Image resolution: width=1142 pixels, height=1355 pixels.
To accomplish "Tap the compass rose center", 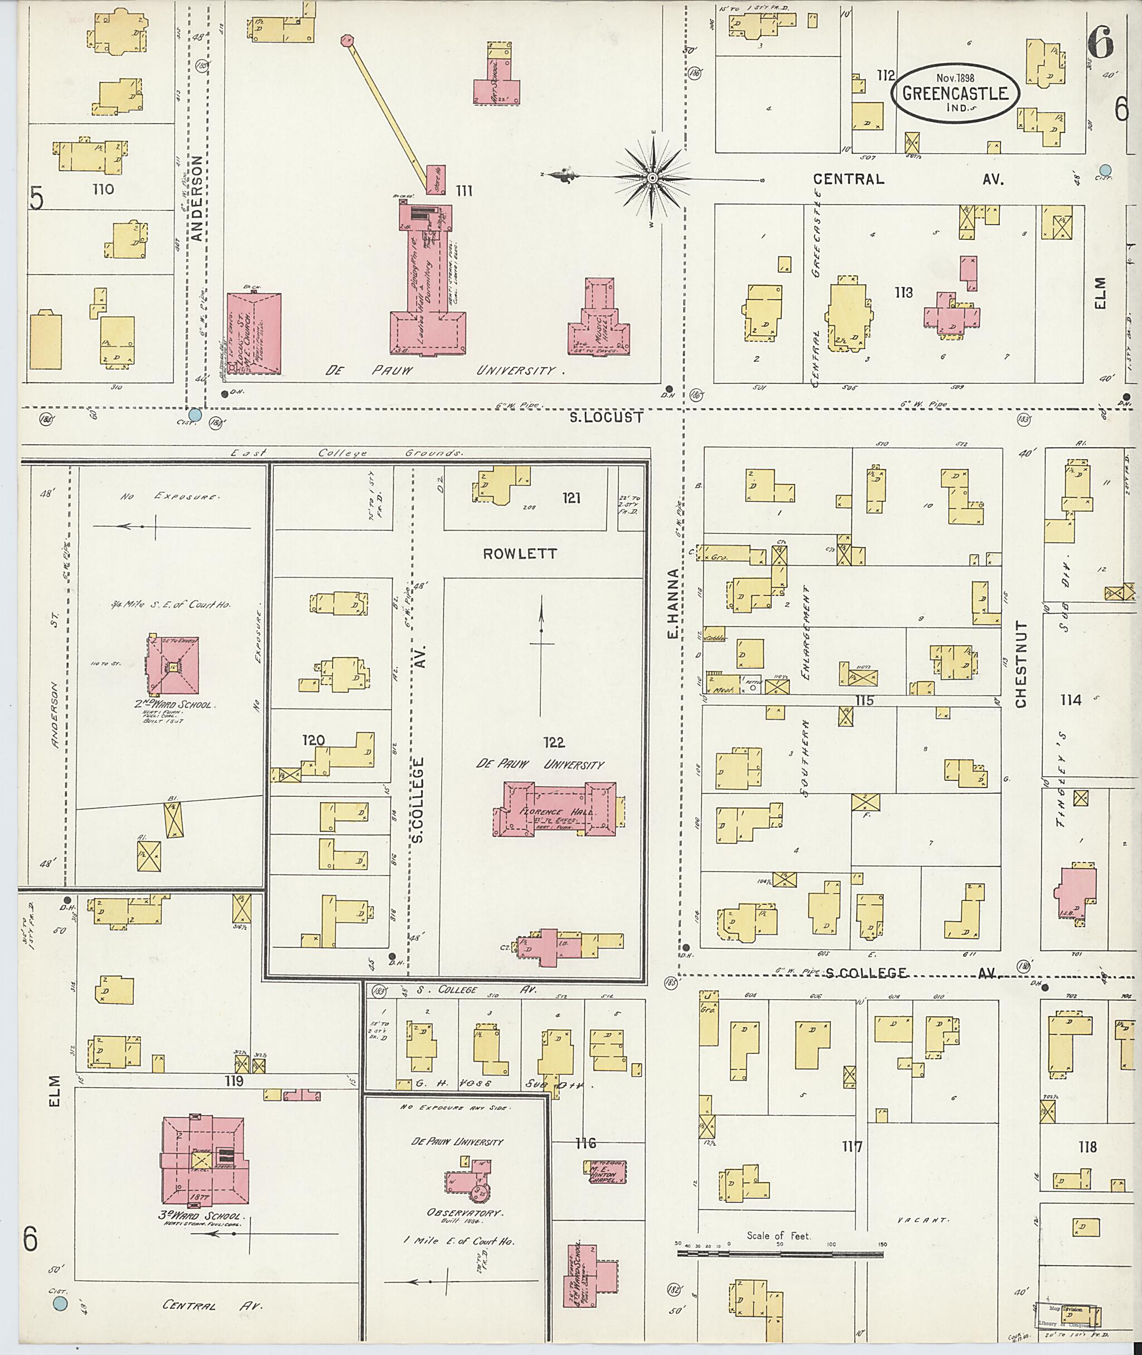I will point(652,177).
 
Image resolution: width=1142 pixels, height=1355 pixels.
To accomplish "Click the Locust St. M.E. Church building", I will point(254,333).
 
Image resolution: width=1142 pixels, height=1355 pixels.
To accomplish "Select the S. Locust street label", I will point(606,418).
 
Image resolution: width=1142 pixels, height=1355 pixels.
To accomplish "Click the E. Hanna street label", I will point(672,603).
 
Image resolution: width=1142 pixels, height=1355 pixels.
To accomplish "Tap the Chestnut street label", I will point(1021,664).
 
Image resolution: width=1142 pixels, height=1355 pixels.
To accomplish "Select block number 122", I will point(554,742).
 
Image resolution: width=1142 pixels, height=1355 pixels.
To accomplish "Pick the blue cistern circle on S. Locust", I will point(194,415).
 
